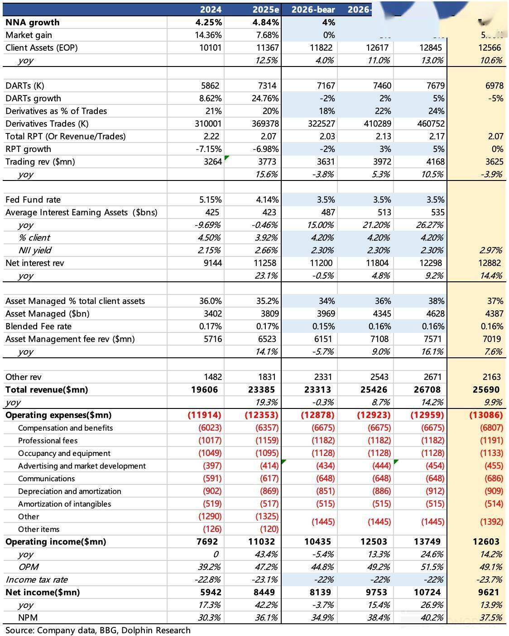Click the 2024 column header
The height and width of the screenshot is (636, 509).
[x=211, y=9]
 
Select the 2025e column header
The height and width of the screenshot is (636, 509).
[x=266, y=9]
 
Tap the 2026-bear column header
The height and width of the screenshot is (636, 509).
[x=313, y=9]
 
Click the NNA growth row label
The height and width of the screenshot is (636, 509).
[x=32, y=22]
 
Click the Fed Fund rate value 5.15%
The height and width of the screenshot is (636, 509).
[x=210, y=199]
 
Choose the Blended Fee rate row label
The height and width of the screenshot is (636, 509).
[x=38, y=326]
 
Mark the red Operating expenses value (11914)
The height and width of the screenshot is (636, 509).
[x=205, y=415]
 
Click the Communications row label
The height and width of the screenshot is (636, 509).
[x=46, y=478]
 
